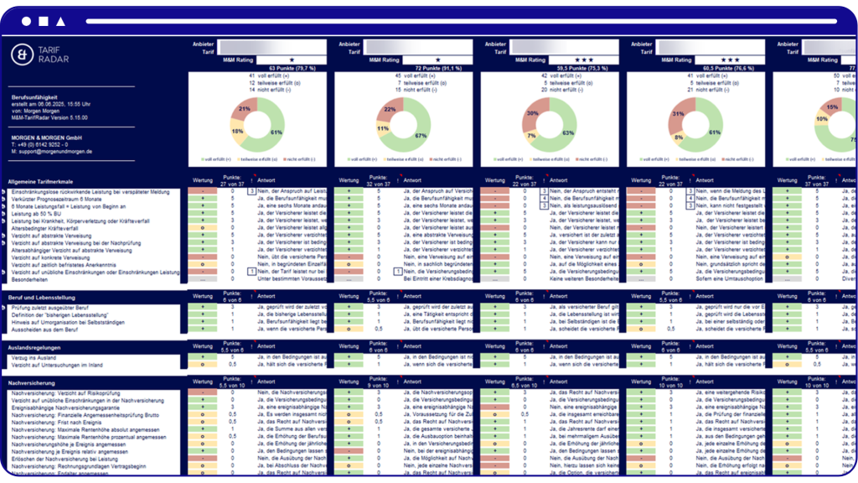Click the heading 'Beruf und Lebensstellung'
[x=43, y=297]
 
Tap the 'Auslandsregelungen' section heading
[x=34, y=345]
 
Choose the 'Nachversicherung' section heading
[x=32, y=382]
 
